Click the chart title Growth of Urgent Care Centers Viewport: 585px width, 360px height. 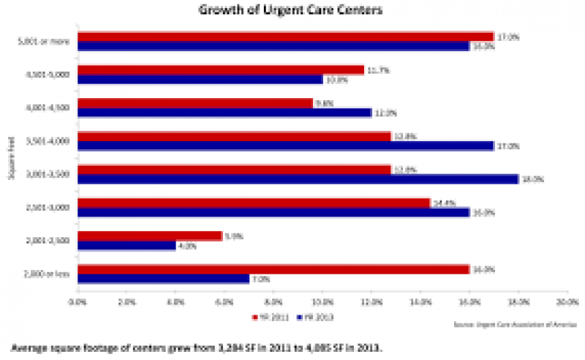[x=292, y=10]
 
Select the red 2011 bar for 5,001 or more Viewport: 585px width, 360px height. [x=285, y=36]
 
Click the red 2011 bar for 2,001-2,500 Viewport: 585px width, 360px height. [x=149, y=236]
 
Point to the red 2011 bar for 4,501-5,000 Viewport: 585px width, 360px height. [x=220, y=70]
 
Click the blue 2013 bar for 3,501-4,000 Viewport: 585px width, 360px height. [x=285, y=146]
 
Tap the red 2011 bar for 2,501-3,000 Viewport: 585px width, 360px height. [x=253, y=203]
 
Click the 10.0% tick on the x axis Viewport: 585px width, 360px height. [x=322, y=301]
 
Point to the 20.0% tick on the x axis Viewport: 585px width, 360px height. [x=567, y=301]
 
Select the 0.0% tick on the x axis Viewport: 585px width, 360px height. [x=78, y=301]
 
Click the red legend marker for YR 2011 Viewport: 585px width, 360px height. [x=255, y=317]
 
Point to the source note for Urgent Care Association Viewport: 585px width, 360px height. [x=515, y=323]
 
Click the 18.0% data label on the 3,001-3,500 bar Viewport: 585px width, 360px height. [x=530, y=179]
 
